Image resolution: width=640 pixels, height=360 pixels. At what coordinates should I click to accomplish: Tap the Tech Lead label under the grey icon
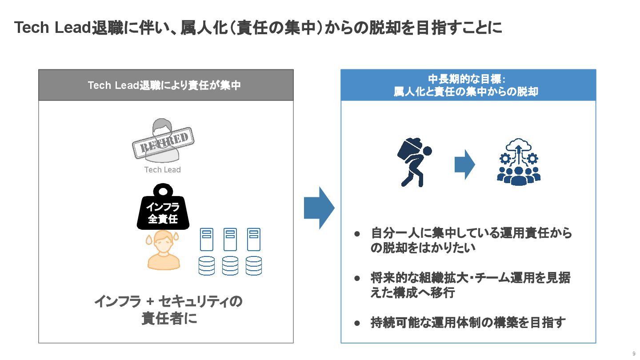tap(163, 170)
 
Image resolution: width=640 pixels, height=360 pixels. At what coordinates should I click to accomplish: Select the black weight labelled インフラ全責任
tap(163, 211)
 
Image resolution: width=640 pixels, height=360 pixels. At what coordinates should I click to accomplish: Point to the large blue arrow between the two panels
tap(319, 208)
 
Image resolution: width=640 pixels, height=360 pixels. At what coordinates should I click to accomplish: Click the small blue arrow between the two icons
tap(464, 164)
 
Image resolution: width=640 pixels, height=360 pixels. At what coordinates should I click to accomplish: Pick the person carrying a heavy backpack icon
tap(414, 163)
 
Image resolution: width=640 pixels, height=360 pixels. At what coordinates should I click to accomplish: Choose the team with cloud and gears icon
tap(519, 163)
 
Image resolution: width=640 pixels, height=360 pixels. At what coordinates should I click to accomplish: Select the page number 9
tap(633, 354)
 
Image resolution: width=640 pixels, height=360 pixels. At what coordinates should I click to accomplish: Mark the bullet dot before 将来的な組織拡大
tap(356, 279)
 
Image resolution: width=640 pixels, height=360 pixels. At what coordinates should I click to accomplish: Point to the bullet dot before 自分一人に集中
tap(356, 233)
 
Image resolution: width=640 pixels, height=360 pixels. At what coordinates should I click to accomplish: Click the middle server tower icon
tap(230, 239)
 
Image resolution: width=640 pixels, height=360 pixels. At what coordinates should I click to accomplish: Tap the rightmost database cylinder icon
tap(253, 265)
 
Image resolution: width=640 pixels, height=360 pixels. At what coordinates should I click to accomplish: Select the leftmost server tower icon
tap(206, 239)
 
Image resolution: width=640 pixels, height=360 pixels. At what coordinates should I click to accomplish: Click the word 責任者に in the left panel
tap(169, 319)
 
